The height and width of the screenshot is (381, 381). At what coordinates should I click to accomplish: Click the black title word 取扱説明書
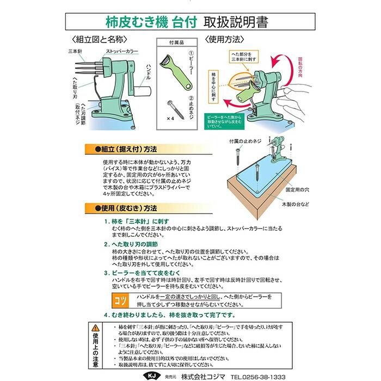coord(236,22)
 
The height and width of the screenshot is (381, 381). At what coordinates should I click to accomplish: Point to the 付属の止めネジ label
coord(244,141)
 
